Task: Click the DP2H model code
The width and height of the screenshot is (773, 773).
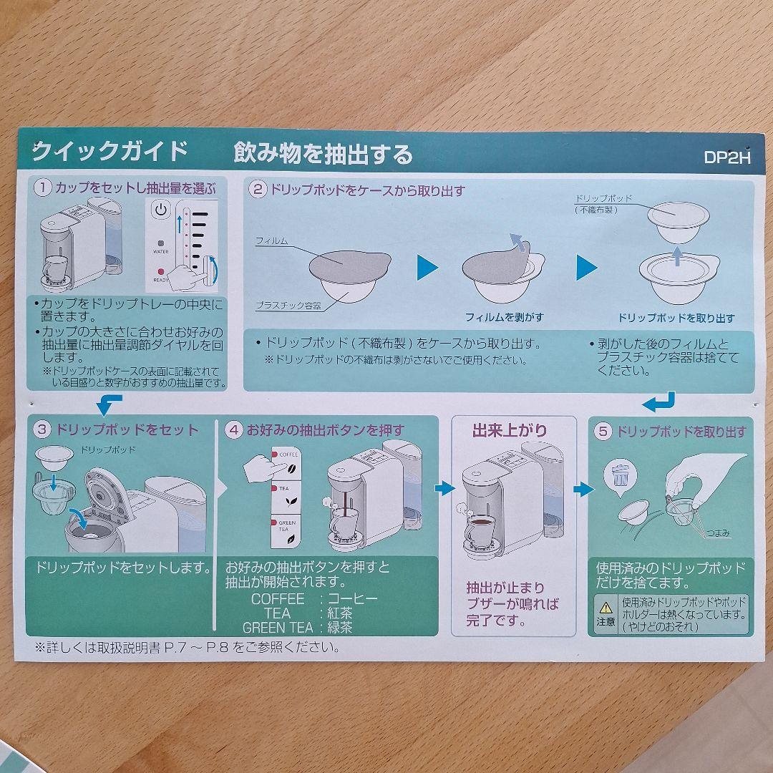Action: (727, 157)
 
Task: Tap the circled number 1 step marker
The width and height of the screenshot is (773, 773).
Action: (43, 188)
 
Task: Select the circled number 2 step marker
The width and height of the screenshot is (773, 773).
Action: (258, 190)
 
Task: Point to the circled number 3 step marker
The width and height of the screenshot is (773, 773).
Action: (42, 429)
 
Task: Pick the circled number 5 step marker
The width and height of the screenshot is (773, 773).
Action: (603, 432)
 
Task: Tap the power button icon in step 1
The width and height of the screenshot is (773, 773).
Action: (161, 210)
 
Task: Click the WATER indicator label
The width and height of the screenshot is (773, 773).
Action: (161, 251)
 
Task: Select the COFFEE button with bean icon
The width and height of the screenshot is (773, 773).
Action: (286, 463)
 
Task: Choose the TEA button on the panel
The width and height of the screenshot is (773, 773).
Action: (286, 497)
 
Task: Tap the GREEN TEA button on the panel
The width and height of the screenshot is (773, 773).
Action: (286, 531)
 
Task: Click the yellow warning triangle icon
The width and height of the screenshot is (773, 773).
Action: (606, 608)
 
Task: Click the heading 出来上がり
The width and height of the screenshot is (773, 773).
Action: (510, 430)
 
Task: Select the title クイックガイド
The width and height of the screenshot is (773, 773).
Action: (110, 150)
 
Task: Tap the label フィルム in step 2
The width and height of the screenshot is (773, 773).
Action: (272, 241)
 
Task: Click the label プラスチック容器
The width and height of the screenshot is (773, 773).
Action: (288, 306)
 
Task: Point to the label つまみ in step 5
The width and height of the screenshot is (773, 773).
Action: (718, 533)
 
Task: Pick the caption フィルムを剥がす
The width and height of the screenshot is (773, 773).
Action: (505, 318)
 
